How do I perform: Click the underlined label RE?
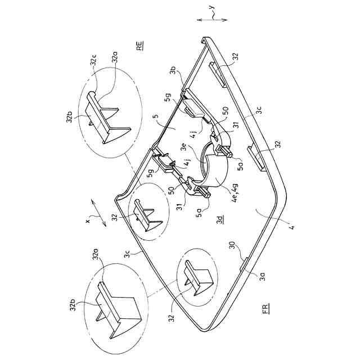(139, 46)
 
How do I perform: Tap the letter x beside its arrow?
(88, 221)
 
